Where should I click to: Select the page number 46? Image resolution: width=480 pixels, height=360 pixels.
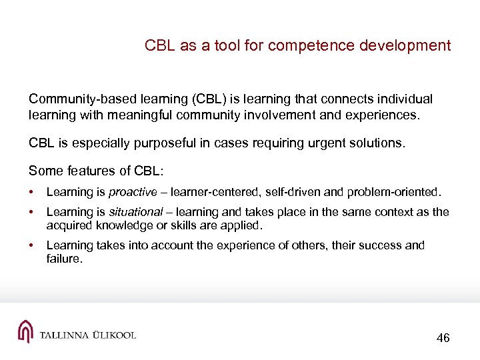[443, 338]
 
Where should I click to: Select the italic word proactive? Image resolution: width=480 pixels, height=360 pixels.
[133, 193]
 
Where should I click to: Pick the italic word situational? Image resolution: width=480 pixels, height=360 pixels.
[136, 212]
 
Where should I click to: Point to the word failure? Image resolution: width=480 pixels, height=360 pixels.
[64, 259]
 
